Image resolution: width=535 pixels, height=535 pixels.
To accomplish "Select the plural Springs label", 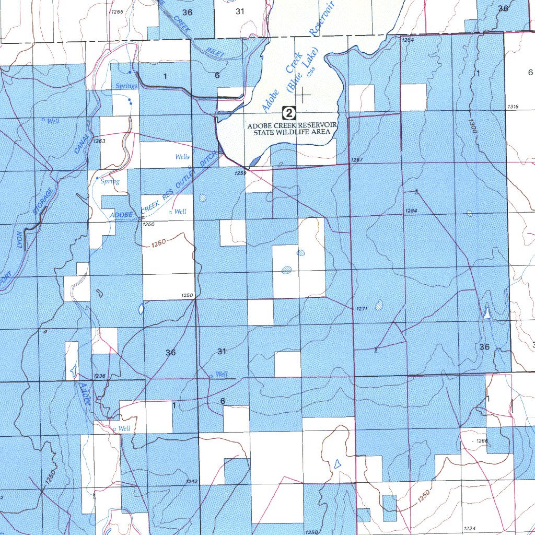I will click(x=126, y=86).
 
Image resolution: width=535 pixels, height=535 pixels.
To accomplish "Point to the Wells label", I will click(x=182, y=157).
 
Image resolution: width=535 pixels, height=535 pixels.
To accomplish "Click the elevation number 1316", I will click(x=512, y=107).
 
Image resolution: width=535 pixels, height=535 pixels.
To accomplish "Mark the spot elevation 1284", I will click(x=411, y=211).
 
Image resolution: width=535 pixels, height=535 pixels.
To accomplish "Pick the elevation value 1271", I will click(x=363, y=309).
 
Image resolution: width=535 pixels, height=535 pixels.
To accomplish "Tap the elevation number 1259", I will click(x=240, y=172).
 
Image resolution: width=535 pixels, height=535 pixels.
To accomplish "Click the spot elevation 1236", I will click(x=99, y=376).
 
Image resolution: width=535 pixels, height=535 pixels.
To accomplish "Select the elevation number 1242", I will click(x=191, y=481).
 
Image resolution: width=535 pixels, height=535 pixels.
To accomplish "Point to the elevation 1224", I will click(x=469, y=528).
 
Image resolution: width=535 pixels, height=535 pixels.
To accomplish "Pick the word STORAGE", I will click(x=43, y=200).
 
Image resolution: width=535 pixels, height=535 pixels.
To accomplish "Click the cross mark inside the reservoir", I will click(x=303, y=95).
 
